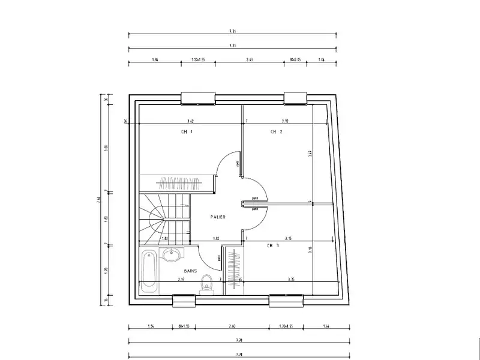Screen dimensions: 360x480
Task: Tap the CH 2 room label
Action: coord(276,131)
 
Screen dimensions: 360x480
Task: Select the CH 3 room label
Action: coord(273,245)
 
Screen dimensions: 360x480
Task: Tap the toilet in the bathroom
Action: coord(207,282)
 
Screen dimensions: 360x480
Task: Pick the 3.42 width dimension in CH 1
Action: coord(190,121)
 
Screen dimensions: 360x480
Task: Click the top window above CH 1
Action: coord(198,97)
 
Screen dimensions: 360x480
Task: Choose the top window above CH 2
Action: coord(296,98)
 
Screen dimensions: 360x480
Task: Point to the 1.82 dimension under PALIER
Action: coord(215,239)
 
